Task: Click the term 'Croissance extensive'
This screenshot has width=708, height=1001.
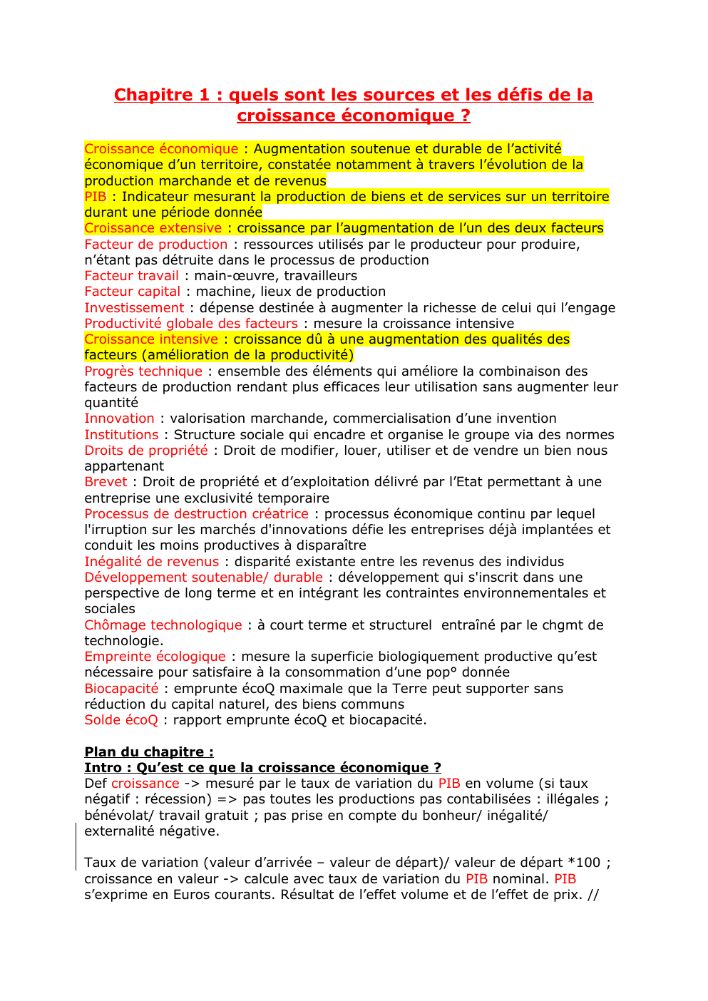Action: click(153, 228)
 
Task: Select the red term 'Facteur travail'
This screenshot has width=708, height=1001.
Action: click(131, 276)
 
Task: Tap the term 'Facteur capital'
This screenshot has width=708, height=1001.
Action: click(132, 292)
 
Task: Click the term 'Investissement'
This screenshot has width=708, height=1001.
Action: click(134, 308)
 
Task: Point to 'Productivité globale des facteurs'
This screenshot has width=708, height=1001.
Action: click(190, 324)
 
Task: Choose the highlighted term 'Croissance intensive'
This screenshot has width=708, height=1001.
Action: click(151, 339)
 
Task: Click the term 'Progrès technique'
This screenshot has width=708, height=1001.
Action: click(143, 371)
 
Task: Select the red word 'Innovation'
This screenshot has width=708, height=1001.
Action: click(119, 419)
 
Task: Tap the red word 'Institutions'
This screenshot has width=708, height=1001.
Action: click(121, 435)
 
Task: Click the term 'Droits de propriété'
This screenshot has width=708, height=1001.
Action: click(146, 451)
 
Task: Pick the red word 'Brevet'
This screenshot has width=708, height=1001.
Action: click(106, 482)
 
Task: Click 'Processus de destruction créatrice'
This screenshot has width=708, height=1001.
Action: click(196, 514)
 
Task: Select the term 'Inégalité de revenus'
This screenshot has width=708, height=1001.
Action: click(151, 562)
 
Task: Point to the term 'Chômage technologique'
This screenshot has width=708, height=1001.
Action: click(163, 625)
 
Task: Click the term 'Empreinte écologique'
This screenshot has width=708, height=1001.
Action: click(155, 657)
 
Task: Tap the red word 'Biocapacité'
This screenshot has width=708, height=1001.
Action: click(121, 689)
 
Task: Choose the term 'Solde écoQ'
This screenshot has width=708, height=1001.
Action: click(121, 720)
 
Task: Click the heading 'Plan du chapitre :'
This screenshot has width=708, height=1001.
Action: click(149, 752)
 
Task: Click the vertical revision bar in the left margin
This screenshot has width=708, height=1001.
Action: click(76, 846)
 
